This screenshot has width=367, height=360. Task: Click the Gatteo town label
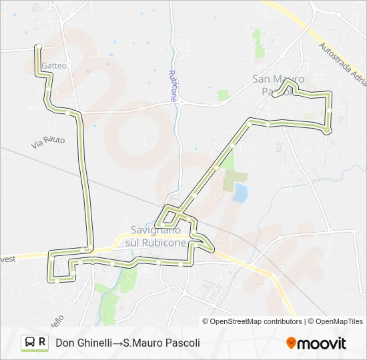click(x=54, y=66)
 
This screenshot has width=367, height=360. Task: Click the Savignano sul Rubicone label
click(x=155, y=236)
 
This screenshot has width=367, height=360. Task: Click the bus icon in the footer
click(x=30, y=343)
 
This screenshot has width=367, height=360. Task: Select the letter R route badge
click(x=43, y=343)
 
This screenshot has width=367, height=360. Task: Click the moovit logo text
click(x=322, y=344)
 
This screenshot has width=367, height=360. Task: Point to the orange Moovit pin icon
click(x=291, y=343)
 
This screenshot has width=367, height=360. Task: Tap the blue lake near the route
click(x=240, y=193)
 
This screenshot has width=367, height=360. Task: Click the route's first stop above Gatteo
click(x=39, y=46)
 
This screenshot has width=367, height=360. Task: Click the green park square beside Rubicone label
click(x=223, y=95)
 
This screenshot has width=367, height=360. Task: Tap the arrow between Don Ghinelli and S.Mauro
click(x=116, y=343)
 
